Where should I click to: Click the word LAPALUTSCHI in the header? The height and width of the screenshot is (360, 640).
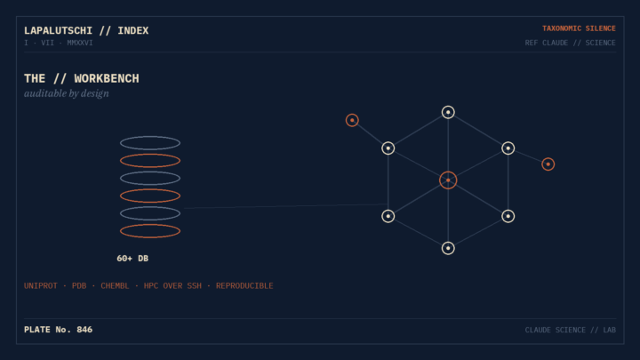tap(59, 30)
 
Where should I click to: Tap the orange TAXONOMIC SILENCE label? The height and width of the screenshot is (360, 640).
tap(579, 28)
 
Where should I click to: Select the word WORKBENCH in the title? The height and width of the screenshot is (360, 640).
tap(107, 78)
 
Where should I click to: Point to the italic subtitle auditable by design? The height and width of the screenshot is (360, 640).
tap(67, 93)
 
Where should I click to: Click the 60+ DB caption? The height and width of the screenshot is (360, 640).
tap(132, 259)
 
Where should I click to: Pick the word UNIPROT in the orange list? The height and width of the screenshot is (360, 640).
tap(40, 285)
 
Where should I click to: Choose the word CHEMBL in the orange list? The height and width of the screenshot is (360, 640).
tap(115, 285)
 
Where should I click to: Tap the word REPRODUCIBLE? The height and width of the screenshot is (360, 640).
tap(244, 285)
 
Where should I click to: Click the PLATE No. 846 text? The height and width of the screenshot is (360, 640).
tap(59, 330)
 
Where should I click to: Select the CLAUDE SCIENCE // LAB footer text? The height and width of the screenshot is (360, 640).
tap(570, 330)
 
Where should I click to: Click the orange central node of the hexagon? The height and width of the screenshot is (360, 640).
tap(448, 180)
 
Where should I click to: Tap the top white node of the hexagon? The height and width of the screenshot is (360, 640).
tap(448, 112)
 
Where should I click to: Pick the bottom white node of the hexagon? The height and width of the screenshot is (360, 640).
tap(448, 248)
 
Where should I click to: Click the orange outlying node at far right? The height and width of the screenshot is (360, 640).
tap(548, 164)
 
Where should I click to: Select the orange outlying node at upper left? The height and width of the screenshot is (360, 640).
tap(352, 120)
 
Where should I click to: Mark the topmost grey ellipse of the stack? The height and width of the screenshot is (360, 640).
tap(150, 136)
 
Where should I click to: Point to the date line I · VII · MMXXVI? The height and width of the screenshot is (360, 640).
tap(59, 43)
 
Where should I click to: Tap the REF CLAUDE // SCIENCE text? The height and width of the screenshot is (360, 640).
tap(570, 43)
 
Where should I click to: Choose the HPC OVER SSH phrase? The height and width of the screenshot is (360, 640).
tap(172, 285)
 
